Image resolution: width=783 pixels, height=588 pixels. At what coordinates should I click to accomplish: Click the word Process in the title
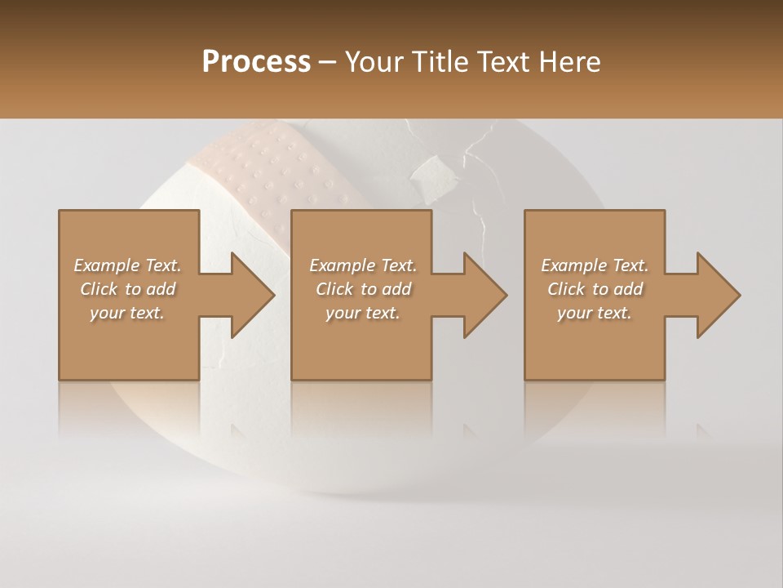256,62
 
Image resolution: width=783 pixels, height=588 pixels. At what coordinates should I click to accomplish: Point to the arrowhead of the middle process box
484,295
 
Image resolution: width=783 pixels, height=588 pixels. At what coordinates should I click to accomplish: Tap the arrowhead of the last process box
717,295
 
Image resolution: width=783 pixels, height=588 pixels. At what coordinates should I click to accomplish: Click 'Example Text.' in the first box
127,265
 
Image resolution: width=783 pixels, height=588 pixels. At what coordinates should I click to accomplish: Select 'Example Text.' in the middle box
363,265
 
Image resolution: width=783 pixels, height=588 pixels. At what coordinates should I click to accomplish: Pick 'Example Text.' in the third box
595,265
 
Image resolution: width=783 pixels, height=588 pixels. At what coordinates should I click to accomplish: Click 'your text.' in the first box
127,313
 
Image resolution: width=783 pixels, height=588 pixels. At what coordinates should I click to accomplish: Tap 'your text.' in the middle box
363,313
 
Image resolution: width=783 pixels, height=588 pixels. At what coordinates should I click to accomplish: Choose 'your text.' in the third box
595,313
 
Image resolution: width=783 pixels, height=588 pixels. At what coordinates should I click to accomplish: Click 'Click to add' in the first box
127,289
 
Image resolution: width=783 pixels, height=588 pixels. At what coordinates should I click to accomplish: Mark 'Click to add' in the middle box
363,289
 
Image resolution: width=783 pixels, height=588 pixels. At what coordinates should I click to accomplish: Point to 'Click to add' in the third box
595,289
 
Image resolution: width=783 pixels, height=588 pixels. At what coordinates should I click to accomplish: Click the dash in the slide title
328,63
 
